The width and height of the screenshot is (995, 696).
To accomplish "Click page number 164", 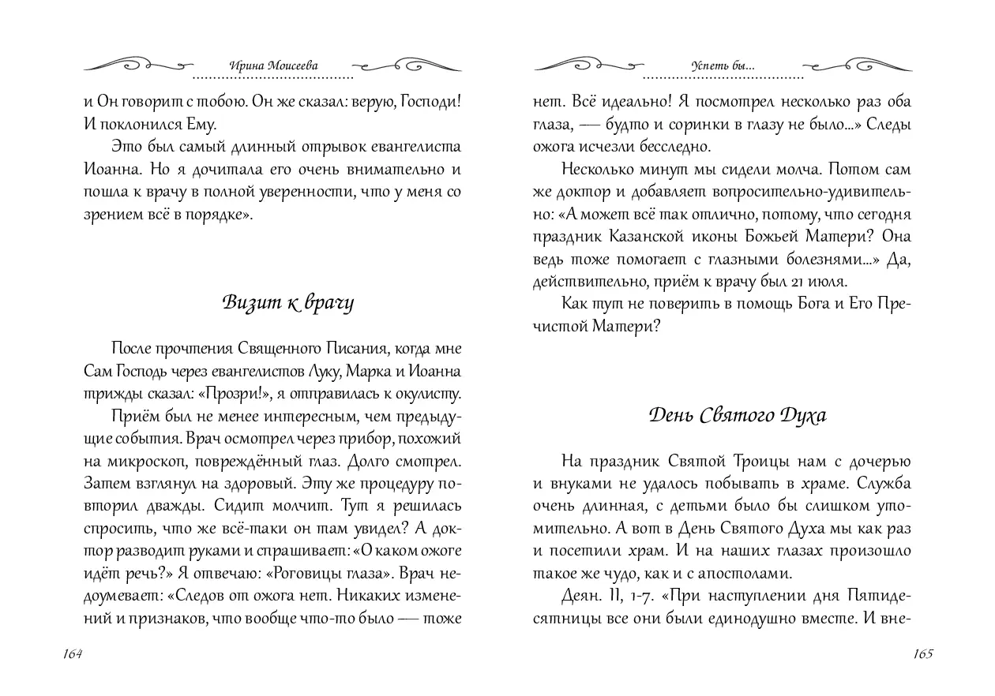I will tap(71, 654).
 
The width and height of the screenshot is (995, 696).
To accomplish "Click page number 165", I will tap(923, 654).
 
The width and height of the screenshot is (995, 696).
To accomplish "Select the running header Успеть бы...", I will tap(723, 67).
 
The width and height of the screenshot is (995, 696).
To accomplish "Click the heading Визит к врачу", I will tap(287, 303).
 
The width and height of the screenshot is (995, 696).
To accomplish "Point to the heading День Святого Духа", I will tap(738, 415).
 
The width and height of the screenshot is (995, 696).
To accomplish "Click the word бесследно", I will tap(674, 146).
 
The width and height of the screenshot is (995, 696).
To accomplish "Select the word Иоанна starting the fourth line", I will tap(110, 169).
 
